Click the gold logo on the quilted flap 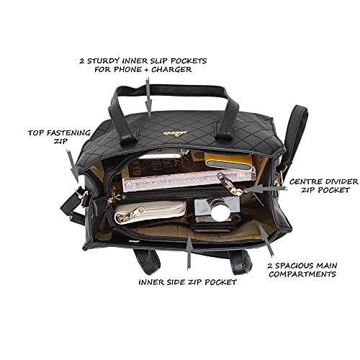(171, 134)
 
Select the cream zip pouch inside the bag (150, 212)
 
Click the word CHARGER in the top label (171, 69)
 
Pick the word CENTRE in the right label (305, 181)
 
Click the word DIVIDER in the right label (340, 181)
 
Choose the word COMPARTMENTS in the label (302, 274)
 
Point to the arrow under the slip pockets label (148, 97)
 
